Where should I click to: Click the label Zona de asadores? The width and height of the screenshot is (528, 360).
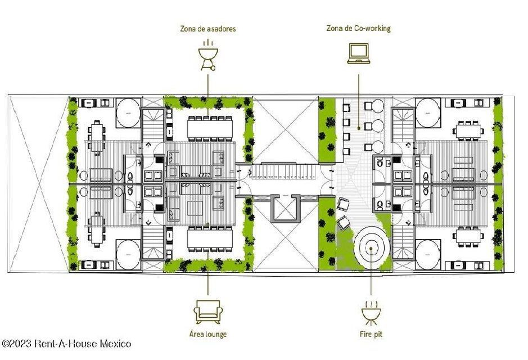(x=207, y=29)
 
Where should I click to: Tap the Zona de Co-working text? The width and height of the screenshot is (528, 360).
(x=358, y=28)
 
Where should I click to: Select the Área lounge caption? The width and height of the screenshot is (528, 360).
(x=208, y=334)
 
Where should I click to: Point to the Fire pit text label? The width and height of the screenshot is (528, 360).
(x=371, y=334)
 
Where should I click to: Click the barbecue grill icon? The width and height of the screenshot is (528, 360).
(x=207, y=55)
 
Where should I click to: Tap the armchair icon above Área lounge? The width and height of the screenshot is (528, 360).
(x=207, y=311)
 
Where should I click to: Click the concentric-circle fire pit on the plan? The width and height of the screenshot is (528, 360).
(x=372, y=245)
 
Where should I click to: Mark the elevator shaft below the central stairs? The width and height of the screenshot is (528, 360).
(x=286, y=209)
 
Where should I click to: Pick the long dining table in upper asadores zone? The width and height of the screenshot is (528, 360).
(x=208, y=129)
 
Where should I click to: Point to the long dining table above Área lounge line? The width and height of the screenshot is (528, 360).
(x=208, y=240)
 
